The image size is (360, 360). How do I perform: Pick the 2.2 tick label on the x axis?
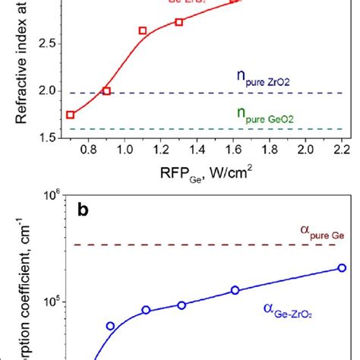point(342,151)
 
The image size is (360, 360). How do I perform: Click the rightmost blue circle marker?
point(342,267)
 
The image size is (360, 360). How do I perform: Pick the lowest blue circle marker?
point(111,326)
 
